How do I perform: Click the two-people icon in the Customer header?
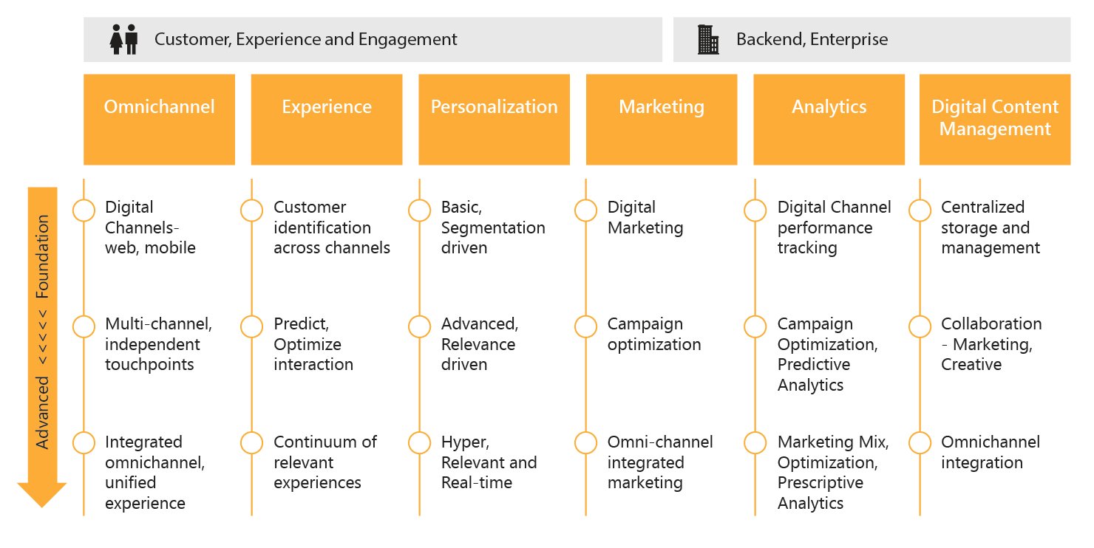123,39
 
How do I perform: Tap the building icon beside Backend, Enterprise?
708,39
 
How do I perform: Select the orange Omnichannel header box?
159,119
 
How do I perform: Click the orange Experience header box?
327,119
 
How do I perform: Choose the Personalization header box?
494,119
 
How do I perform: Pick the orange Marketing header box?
662,119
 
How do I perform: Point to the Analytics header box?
829,119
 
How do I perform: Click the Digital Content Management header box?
994,119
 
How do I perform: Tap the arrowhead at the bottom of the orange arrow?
42,494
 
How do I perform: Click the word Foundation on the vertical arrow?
43,256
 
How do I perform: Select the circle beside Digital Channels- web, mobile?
84,210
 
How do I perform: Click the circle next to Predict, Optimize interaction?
251,326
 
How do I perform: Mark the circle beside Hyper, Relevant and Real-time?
419,443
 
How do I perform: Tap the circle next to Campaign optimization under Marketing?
586,326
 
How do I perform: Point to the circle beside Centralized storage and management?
920,210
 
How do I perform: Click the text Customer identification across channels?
331,227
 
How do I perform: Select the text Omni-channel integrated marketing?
659,462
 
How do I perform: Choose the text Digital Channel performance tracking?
834,227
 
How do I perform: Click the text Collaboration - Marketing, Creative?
991,344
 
